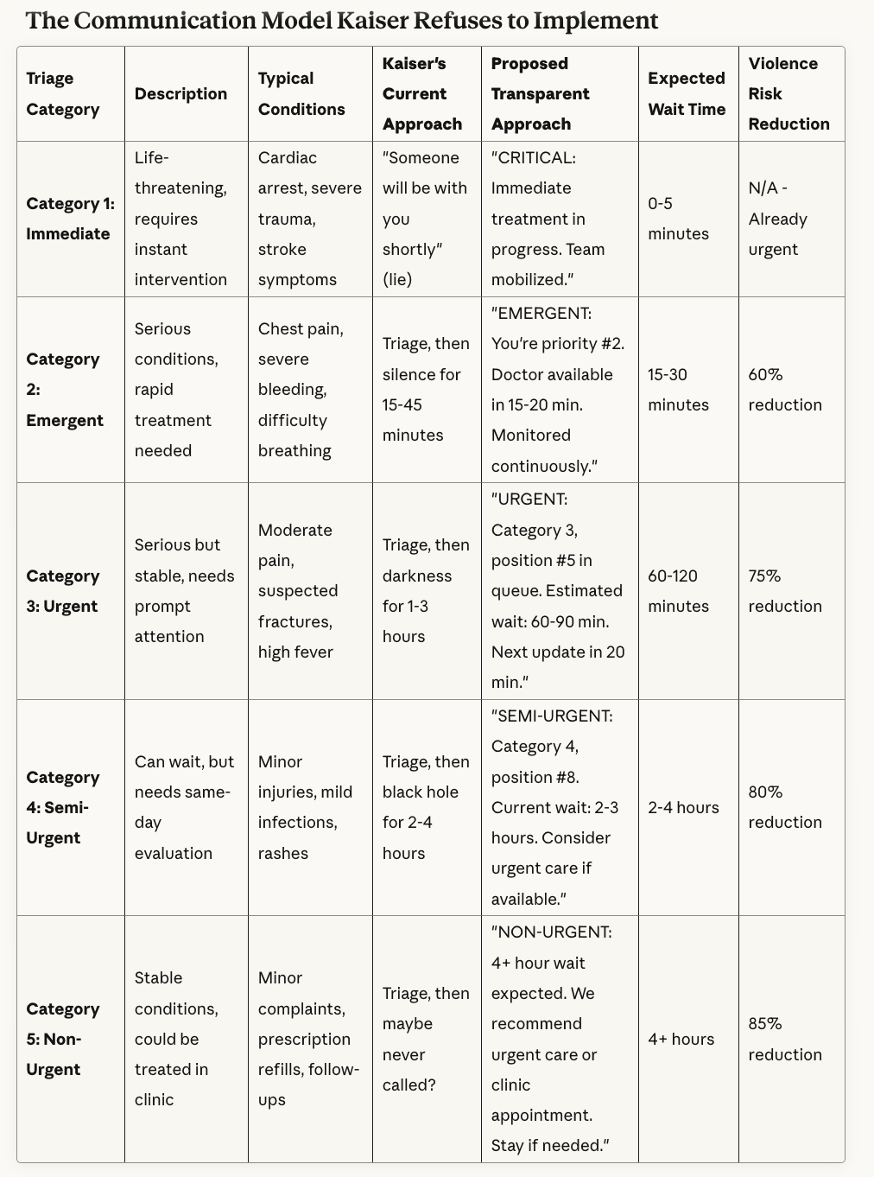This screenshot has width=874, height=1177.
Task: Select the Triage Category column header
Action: point(63,93)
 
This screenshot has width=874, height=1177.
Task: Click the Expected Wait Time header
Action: point(687,93)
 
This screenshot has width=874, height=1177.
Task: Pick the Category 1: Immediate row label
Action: point(69,219)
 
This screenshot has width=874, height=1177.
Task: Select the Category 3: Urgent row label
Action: point(63,591)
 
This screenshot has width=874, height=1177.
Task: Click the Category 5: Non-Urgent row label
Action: point(63,1039)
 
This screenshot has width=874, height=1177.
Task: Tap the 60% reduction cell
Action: point(785,390)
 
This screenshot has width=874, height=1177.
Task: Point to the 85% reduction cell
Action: point(785,1039)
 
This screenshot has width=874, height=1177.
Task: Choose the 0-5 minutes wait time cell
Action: point(678,219)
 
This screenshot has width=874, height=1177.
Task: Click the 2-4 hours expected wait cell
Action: point(683,807)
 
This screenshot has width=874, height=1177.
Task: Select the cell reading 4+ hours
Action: point(681,1039)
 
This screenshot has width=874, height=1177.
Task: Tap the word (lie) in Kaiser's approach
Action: point(397,279)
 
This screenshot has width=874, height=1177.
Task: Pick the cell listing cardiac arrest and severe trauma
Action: point(309,219)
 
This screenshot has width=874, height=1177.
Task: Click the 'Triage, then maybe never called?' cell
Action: point(426,1039)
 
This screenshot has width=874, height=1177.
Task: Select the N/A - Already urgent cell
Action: point(778,219)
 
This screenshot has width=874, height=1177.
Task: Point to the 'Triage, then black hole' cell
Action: point(426,807)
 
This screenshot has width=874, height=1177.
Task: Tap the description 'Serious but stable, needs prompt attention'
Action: point(184,591)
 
